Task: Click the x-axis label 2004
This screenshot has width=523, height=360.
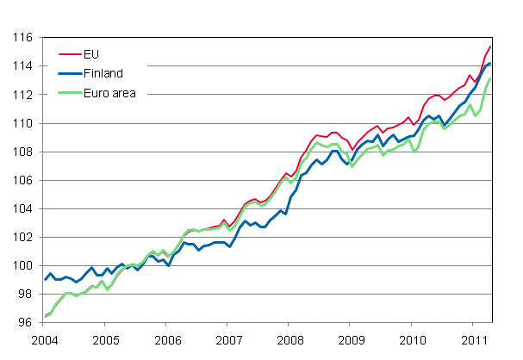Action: pyautogui.click(x=45, y=339)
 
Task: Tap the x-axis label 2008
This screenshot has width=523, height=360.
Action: pyautogui.click(x=289, y=339)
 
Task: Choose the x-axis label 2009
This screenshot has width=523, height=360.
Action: pyautogui.click(x=350, y=339)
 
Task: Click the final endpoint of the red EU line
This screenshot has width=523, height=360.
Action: pyautogui.click(x=491, y=47)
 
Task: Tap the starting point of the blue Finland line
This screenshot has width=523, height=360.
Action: pyautogui.click(x=45, y=280)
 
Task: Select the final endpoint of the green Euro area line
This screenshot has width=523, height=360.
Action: pyautogui.click(x=491, y=79)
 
